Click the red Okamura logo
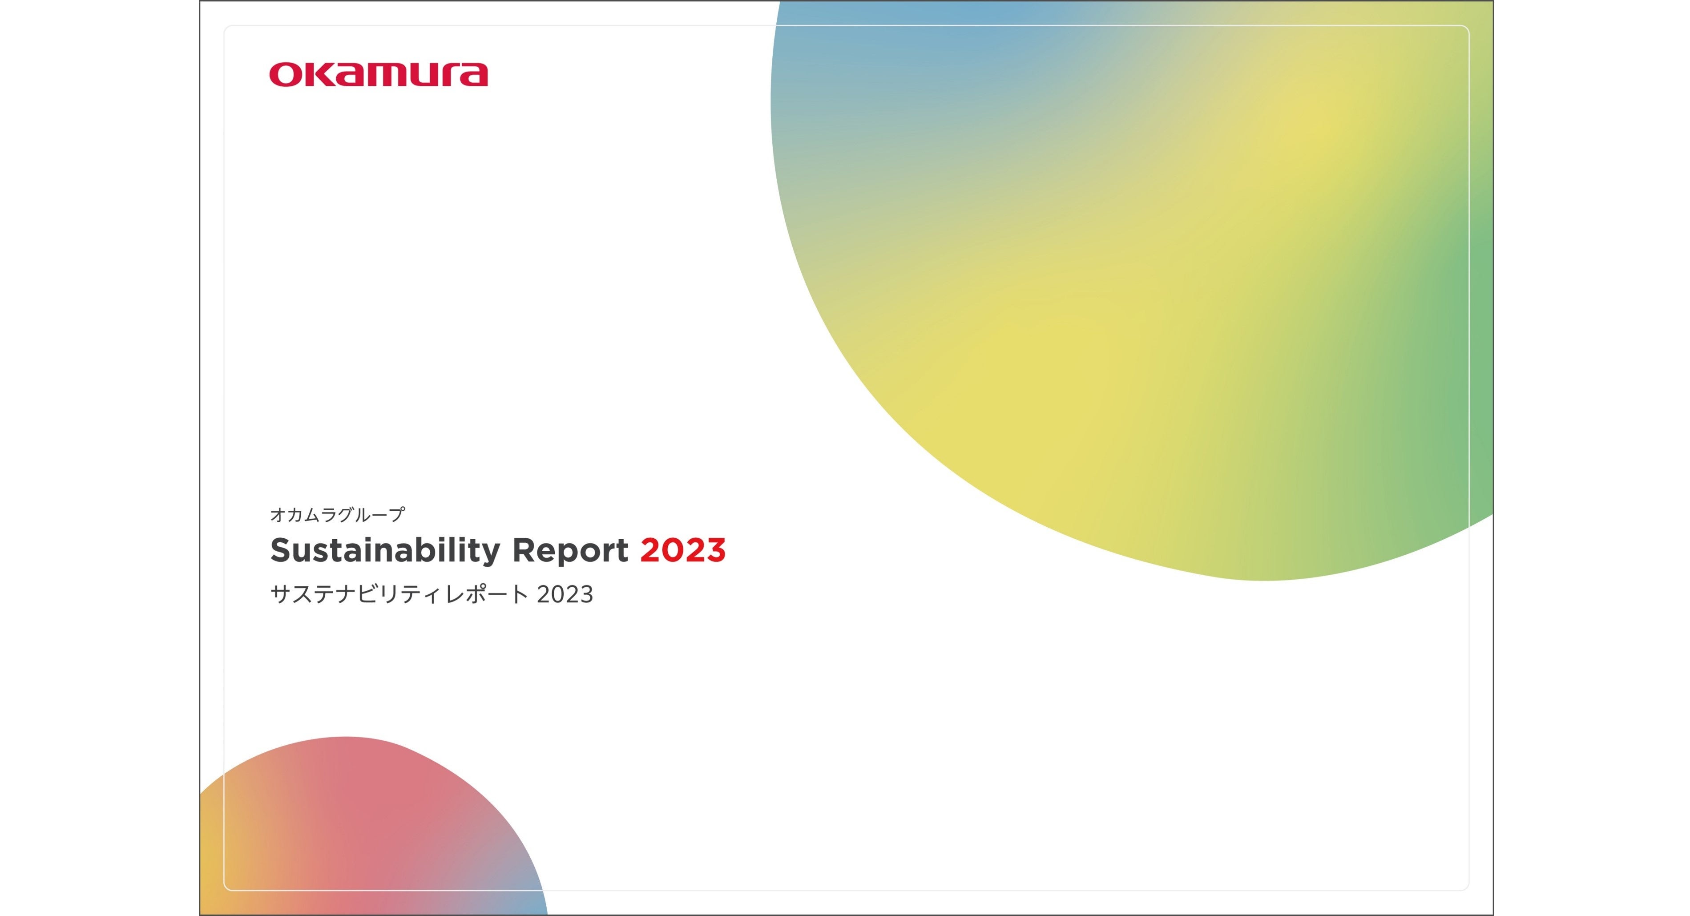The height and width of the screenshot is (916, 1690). pos(379,75)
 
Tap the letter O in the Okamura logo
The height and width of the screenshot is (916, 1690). pos(284,75)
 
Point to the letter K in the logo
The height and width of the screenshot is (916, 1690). pos(316,75)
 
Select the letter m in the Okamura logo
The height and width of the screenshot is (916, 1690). pos(383,75)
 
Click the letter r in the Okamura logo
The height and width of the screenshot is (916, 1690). pos(449,75)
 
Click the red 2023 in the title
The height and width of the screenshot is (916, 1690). pos(683,550)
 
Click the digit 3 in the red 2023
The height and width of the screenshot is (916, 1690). pos(716,550)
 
